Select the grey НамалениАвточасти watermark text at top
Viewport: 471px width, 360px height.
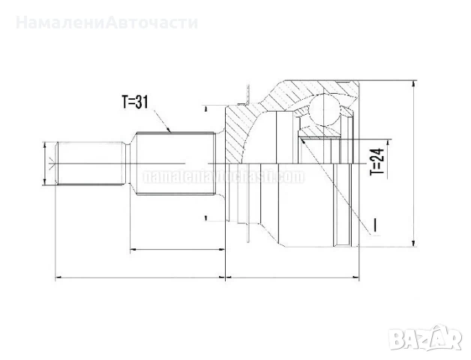coord(106,22)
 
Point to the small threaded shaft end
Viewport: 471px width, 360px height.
coord(90,163)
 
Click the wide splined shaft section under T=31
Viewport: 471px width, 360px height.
coord(176,163)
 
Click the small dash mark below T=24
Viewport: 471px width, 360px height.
coord(374,223)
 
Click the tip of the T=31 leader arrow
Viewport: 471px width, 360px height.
coord(171,132)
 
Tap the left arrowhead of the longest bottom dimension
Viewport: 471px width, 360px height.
coord(59,277)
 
